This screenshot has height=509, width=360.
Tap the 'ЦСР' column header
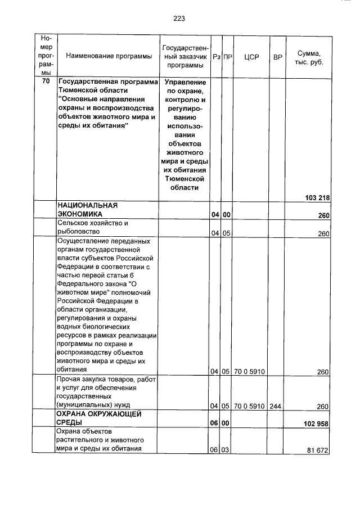tap(251, 57)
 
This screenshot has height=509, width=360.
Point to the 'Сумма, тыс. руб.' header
tap(308, 57)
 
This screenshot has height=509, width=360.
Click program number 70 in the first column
tap(46, 82)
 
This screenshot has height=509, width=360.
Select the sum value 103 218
tap(317, 197)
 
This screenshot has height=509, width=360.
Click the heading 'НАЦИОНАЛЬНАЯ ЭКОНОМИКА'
tap(87, 210)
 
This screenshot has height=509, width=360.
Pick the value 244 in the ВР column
tap(276, 406)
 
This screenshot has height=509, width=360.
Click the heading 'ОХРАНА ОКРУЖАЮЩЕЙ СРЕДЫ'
tap(97, 418)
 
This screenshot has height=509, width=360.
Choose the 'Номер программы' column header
tap(46, 57)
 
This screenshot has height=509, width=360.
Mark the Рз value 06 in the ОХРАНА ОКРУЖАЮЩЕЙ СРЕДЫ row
tap(214, 424)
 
